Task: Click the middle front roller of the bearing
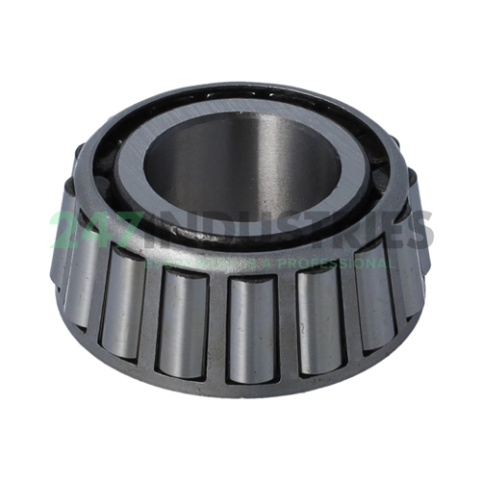coord(252,327)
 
